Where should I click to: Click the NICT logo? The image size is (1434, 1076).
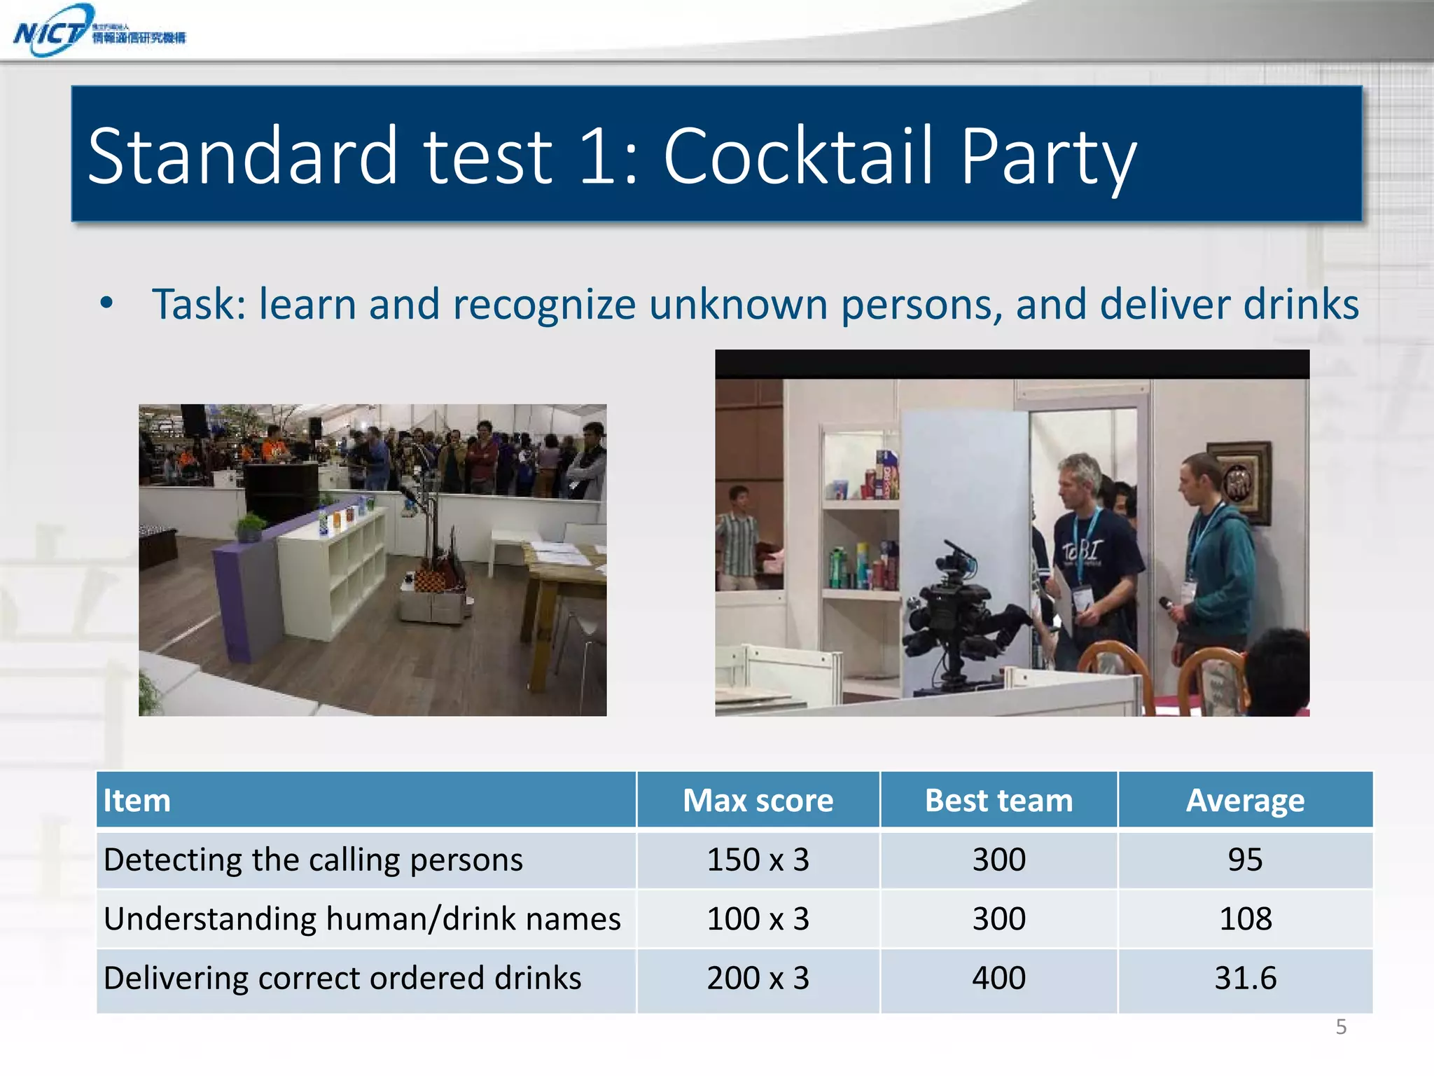click(98, 31)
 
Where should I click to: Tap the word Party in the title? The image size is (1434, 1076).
click(1047, 158)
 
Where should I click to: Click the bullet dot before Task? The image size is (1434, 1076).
click(106, 303)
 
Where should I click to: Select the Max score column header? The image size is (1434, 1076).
click(758, 800)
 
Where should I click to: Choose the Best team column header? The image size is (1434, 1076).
click(998, 800)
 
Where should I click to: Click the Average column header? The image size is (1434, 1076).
click(1245, 800)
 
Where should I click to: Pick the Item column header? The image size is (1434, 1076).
click(137, 800)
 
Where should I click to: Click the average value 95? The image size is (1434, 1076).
click(1245, 860)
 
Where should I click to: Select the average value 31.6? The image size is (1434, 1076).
click(1245, 978)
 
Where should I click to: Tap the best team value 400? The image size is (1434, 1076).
click(998, 978)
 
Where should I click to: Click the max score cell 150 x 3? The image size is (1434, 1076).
click(758, 860)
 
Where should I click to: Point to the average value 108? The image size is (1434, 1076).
click(1245, 918)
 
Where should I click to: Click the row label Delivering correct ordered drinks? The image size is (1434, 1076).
click(342, 978)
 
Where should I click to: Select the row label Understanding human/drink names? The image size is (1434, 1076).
click(362, 918)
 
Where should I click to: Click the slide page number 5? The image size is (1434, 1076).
click(1341, 1027)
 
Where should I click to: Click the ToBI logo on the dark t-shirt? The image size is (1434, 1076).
click(1083, 551)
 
